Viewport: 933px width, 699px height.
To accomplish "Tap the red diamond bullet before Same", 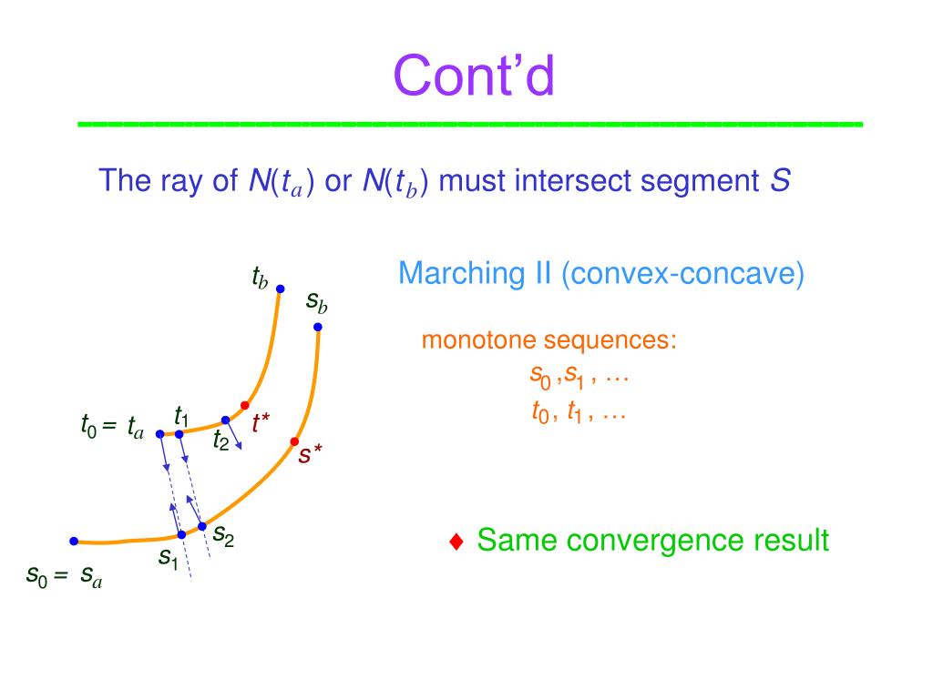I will click(457, 542).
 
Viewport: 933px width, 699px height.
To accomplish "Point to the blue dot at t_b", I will click(280, 289).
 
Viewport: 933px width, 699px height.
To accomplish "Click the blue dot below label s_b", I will click(317, 327).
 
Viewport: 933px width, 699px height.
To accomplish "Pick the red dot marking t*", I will click(244, 405).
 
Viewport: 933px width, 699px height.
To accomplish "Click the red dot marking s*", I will click(294, 441).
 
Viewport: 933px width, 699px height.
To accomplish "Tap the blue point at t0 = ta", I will click(159, 434).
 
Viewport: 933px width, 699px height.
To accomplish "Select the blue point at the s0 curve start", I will click(73, 541).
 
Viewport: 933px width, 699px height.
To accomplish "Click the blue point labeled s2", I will click(201, 526).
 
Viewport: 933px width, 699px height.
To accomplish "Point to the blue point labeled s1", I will click(181, 534).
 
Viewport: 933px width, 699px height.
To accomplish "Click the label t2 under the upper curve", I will click(220, 441).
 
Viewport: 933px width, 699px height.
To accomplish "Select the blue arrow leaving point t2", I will click(233, 435).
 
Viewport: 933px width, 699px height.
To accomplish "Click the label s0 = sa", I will click(64, 576).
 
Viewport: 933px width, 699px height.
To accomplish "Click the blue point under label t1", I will click(179, 434).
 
